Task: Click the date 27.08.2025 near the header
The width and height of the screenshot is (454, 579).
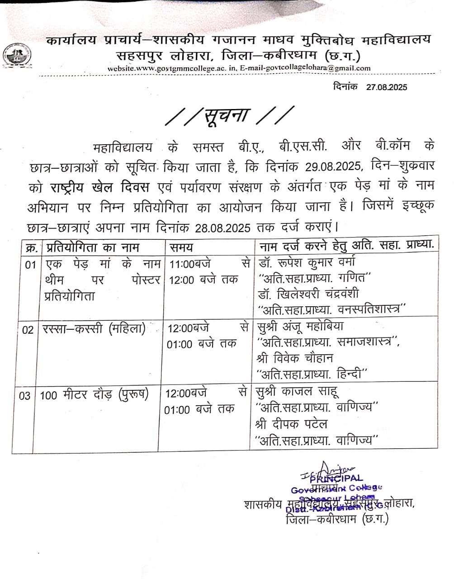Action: [386, 86]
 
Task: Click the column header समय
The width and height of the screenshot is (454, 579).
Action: [181, 247]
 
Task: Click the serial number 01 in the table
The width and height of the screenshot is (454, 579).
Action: [30, 265]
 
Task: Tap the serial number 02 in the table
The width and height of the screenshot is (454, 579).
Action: [28, 330]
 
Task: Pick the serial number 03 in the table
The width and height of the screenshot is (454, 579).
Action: [25, 395]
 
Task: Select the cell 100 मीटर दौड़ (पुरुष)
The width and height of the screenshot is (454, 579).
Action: [94, 394]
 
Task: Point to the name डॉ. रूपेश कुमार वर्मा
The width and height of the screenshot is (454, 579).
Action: [307, 262]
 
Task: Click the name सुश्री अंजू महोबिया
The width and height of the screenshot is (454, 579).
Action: [300, 327]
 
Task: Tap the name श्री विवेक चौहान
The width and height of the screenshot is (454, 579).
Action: [294, 358]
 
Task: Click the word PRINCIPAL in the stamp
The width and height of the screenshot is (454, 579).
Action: [337, 478]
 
